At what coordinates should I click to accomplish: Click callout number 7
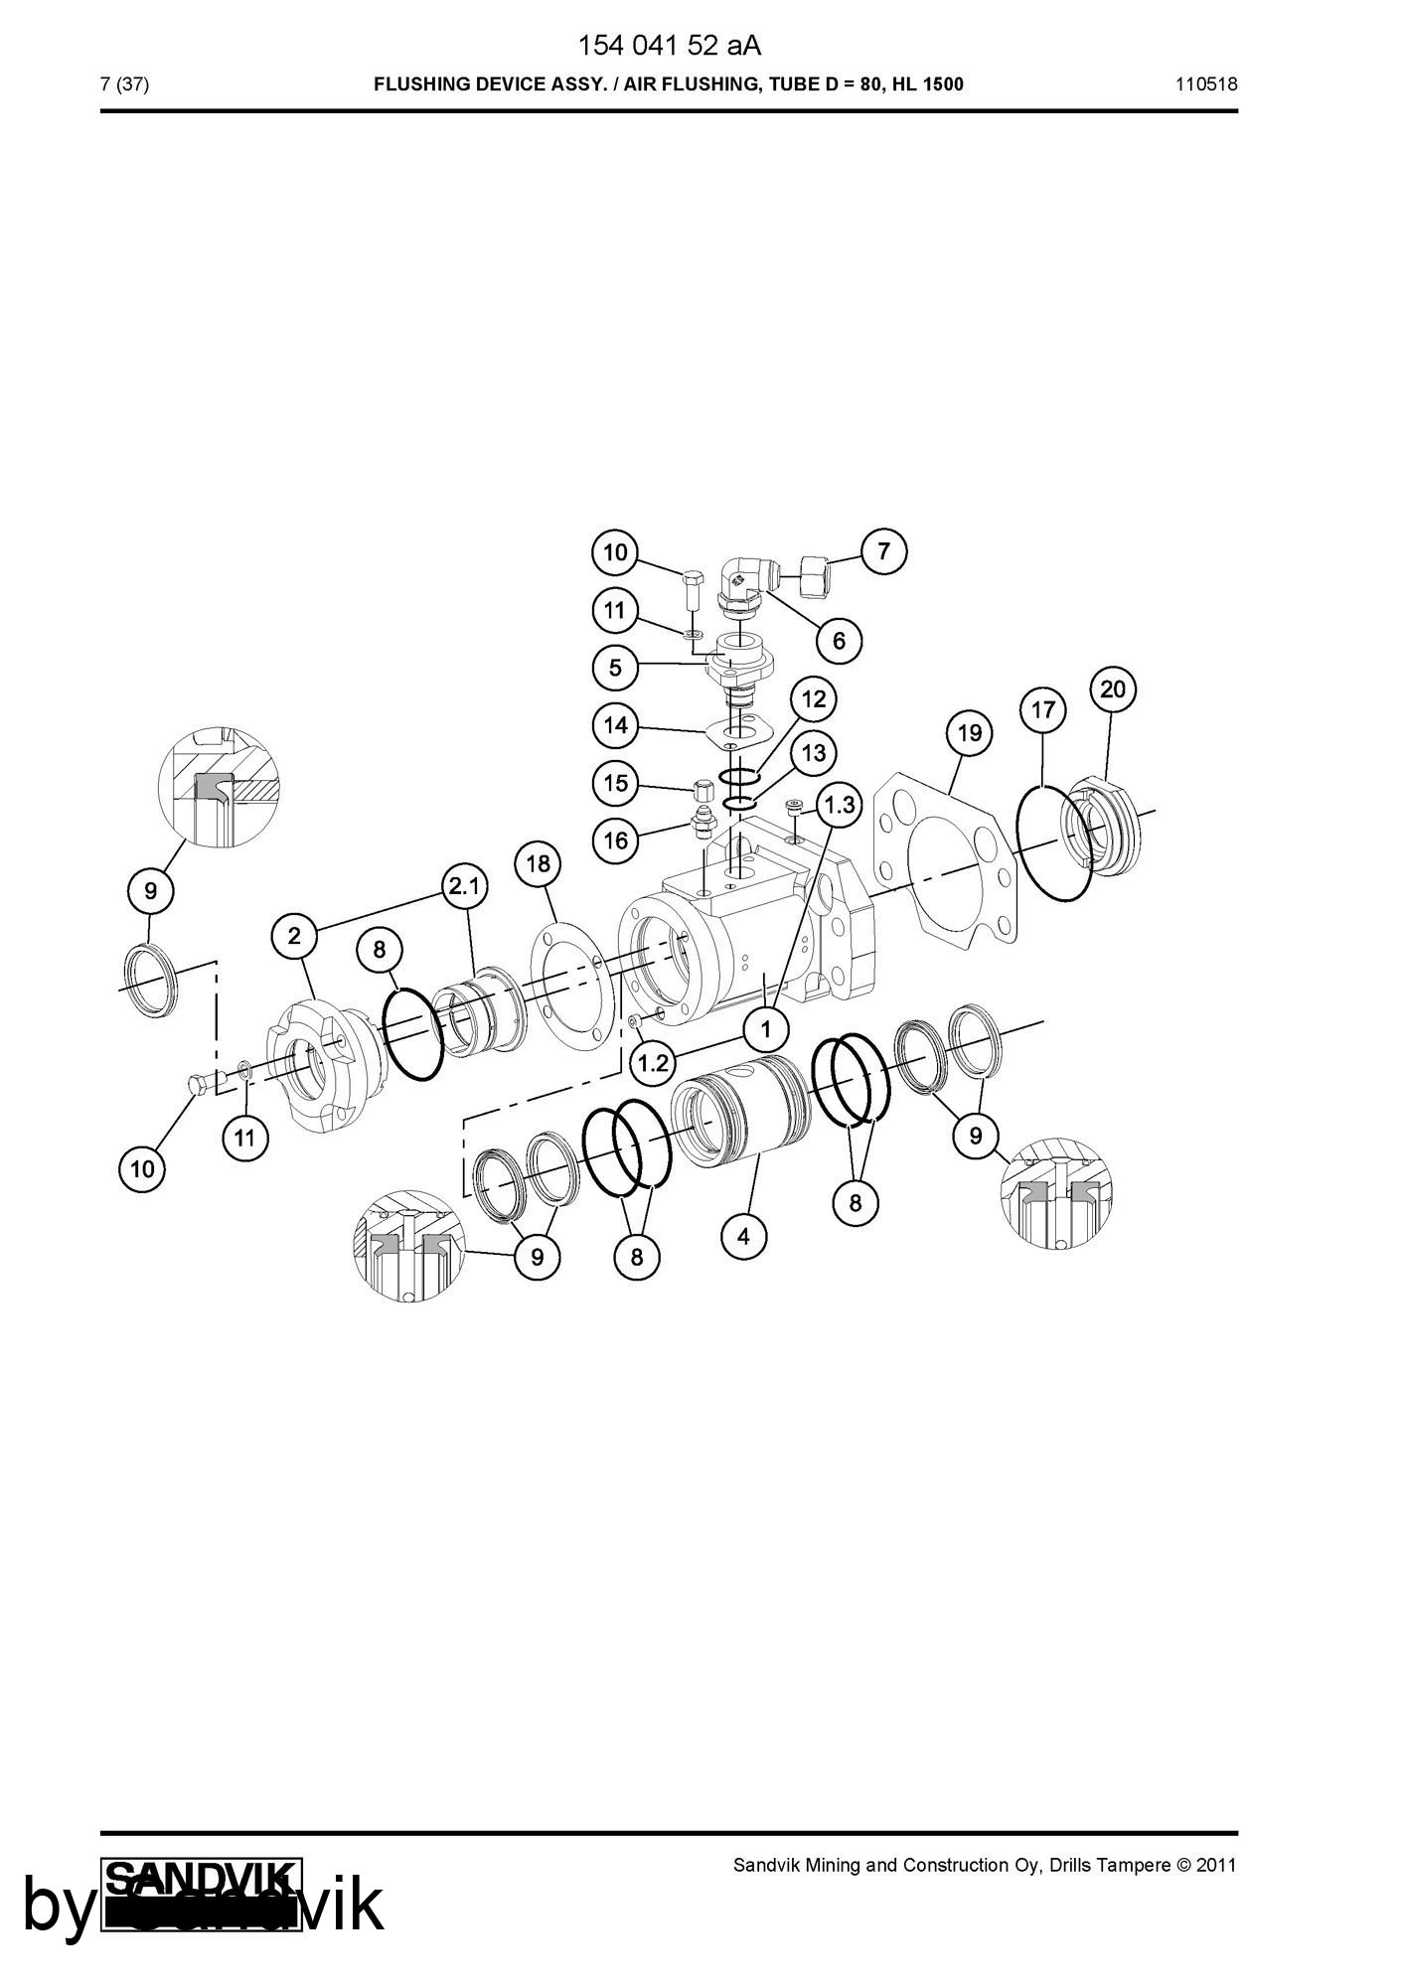884,550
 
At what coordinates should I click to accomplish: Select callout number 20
1113,688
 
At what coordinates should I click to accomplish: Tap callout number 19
970,733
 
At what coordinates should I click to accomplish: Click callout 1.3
839,805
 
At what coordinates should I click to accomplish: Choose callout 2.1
465,886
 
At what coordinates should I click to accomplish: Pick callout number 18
538,863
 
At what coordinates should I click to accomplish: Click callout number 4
744,1237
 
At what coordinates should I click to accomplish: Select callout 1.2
653,1064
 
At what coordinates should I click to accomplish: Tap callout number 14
616,725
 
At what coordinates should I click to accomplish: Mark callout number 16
616,841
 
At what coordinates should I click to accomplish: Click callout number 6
839,641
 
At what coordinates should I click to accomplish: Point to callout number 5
616,667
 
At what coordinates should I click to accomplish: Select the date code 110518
1206,84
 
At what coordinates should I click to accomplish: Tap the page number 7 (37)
125,84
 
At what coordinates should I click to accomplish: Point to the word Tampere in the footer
1136,1865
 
